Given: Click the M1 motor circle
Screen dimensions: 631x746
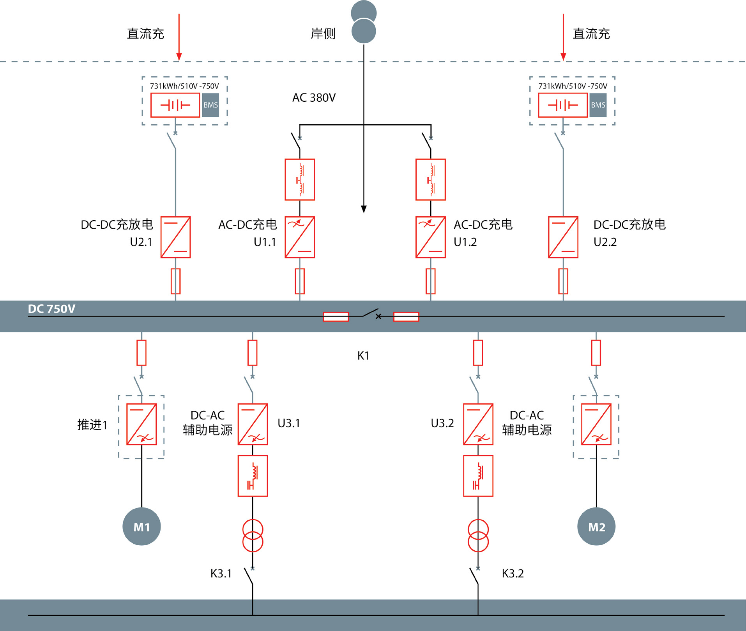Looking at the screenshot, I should click(x=141, y=527).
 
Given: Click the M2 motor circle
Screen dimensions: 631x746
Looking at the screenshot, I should click(x=596, y=527).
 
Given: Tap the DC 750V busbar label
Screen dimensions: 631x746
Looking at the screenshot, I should click(x=51, y=309).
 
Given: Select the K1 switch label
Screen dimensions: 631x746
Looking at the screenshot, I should click(x=363, y=355).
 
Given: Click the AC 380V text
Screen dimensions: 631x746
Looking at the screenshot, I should click(x=314, y=97).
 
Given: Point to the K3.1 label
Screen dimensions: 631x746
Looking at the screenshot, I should click(x=221, y=573).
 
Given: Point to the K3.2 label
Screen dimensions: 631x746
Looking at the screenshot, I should click(x=513, y=573).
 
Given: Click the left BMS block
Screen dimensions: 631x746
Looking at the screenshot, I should click(x=210, y=105).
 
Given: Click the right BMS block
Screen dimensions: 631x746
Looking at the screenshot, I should click(x=598, y=105).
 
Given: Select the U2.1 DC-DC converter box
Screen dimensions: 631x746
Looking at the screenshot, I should click(x=176, y=237).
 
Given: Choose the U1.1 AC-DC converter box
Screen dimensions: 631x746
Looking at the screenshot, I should click(x=300, y=237).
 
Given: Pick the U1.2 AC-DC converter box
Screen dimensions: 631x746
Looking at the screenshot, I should click(x=431, y=237).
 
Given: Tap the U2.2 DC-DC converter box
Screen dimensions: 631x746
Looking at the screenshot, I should click(x=563, y=237).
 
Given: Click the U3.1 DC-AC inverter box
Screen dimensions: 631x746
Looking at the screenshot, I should click(x=253, y=424).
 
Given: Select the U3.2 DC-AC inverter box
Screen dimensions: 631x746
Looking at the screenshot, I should click(x=478, y=424).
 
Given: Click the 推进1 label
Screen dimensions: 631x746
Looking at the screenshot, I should click(x=92, y=424).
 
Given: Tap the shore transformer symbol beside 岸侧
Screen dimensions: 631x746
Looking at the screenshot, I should click(x=364, y=22).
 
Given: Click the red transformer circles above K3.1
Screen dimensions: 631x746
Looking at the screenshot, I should click(x=253, y=536).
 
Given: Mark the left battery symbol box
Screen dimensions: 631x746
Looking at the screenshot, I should click(x=175, y=105).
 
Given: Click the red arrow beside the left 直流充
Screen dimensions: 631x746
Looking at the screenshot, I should click(x=179, y=37).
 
